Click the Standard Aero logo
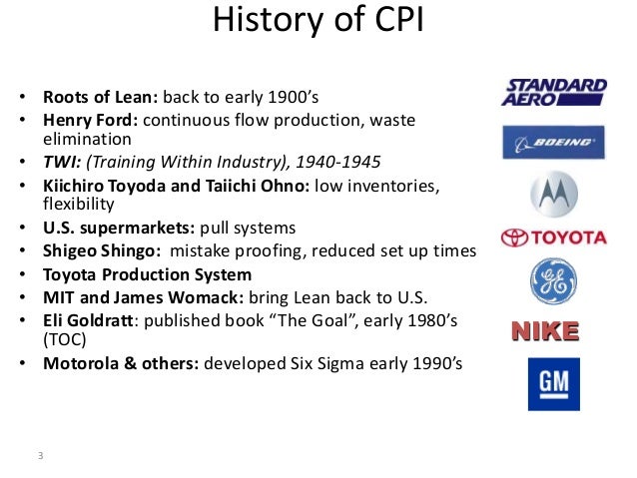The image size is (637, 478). pos(553,92)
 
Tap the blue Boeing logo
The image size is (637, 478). pos(553,141)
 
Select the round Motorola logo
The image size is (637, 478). pos(553,192)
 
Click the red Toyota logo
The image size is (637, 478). pos(553,238)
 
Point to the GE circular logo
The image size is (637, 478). pos(553,282)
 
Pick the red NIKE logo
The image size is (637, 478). pos(553,330)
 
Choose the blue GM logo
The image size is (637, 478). pos(553,384)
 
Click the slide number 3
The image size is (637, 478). pos(40,457)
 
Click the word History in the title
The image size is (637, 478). pos(264,21)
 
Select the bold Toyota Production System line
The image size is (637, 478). pos(147,274)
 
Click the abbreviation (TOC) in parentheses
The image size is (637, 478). pos(65,339)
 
